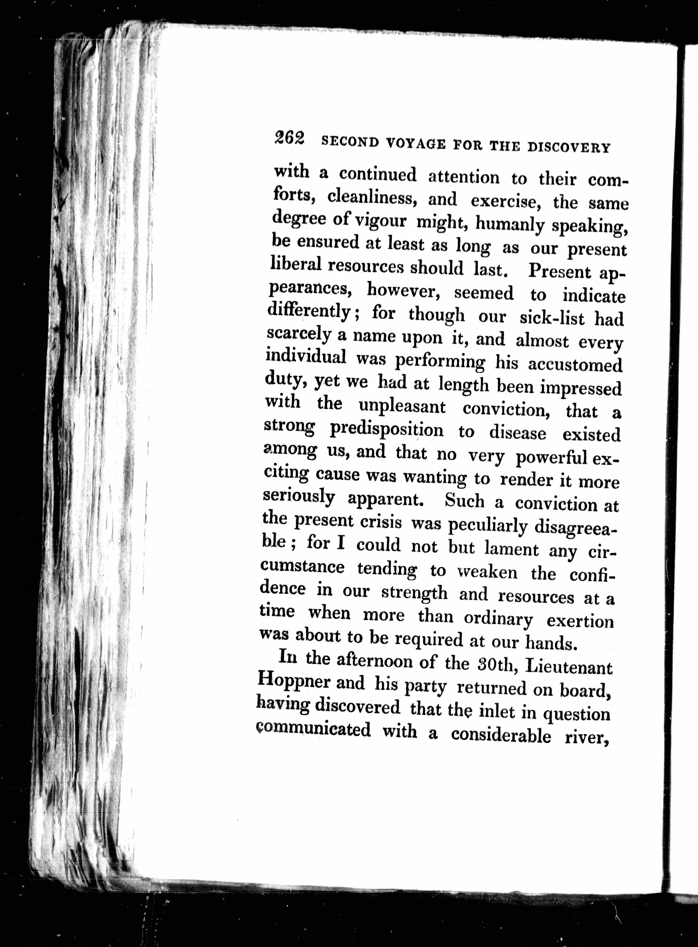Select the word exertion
pyautogui.click(x=580, y=621)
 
